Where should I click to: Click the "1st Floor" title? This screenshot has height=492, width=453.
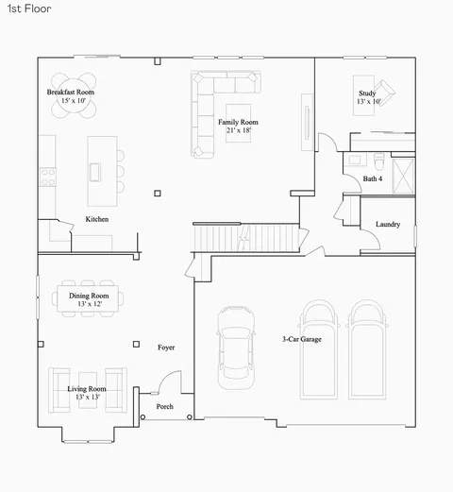(29, 8)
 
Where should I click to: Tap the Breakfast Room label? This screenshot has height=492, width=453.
(71, 93)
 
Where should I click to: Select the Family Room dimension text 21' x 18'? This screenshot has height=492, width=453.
(239, 130)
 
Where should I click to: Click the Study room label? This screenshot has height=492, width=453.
(367, 93)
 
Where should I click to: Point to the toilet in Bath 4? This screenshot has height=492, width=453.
(378, 161)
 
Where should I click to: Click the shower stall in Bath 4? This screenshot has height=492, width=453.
(403, 176)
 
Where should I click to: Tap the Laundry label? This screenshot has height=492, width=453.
(388, 225)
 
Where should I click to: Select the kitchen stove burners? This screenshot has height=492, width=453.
(48, 177)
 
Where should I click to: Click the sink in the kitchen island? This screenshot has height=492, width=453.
(95, 172)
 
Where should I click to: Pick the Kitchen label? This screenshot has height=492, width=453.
(97, 219)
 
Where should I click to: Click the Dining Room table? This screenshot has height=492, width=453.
(88, 298)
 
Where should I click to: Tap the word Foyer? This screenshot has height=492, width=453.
(166, 348)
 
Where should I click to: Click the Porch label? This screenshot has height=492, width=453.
(165, 407)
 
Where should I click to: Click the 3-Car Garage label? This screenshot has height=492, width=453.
(302, 339)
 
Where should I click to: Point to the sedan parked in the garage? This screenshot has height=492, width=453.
(236, 348)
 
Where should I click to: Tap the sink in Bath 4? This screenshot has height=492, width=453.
(355, 160)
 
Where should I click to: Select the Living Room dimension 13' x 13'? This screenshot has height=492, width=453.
(88, 398)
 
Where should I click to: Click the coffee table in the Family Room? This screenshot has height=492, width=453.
(239, 123)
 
